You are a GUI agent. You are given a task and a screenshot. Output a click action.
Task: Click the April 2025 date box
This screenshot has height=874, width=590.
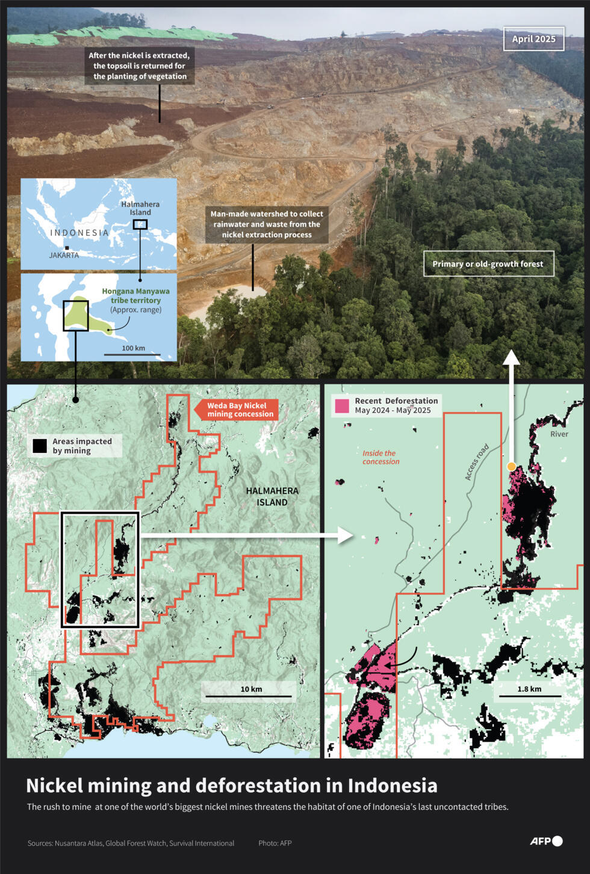(x=533, y=39)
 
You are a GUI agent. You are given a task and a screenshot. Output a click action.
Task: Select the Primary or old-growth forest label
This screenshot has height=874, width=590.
(x=488, y=264)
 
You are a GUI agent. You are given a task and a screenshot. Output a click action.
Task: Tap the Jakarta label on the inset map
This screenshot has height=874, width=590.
(x=64, y=255)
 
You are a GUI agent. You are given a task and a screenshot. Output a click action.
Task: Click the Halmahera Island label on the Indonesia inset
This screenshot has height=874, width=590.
(x=140, y=208)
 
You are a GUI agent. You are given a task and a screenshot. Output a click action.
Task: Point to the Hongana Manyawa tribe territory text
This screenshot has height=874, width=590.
(x=135, y=296)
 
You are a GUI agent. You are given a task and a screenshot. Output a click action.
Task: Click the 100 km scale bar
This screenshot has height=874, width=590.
(x=132, y=354)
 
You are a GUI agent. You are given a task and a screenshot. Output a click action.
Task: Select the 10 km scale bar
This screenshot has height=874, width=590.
(x=249, y=696)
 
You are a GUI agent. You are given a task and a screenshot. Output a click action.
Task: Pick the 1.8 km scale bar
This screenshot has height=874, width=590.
(x=529, y=696)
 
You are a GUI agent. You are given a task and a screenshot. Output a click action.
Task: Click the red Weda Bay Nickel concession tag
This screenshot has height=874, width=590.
(x=239, y=410)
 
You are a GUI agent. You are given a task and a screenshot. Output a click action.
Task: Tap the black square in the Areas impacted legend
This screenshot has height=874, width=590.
(x=40, y=446)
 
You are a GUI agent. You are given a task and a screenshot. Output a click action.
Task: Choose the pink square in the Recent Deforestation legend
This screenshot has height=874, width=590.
(x=342, y=406)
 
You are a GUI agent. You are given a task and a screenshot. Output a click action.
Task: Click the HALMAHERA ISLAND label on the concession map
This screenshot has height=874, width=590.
(x=272, y=497)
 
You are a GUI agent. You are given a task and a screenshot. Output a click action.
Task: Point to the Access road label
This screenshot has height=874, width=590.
(x=476, y=462)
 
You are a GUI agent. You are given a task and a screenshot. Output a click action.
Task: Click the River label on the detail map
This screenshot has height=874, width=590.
(x=559, y=434)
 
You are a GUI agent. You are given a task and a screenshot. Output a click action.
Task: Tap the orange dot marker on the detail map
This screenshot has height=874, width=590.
(x=511, y=466)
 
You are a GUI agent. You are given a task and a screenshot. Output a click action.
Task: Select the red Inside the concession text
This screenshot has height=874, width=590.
(x=380, y=458)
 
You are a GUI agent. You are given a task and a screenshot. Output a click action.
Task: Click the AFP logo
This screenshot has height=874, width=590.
(x=546, y=841)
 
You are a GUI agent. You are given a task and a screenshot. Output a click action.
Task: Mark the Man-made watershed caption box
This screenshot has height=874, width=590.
(x=267, y=224)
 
